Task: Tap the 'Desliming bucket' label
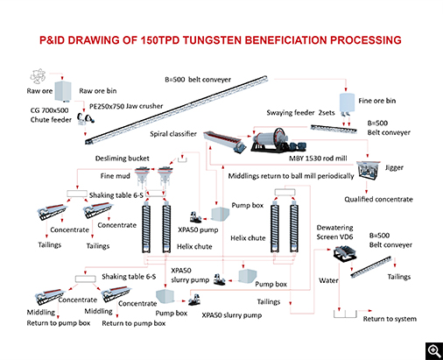click(x=123, y=159)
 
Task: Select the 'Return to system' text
click(x=390, y=318)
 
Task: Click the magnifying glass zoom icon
click(x=431, y=349)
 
